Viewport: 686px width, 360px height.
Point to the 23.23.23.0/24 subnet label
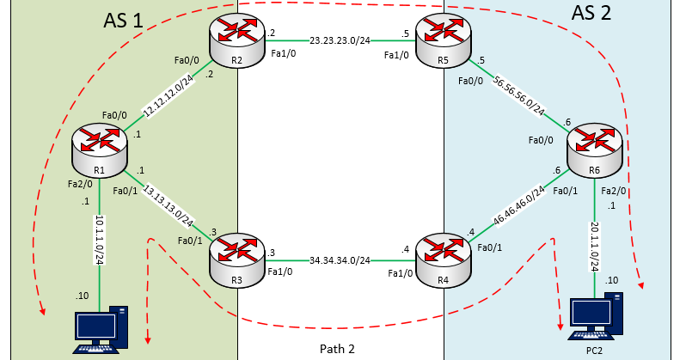340,39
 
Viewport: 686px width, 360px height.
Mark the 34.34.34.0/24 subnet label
340,259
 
